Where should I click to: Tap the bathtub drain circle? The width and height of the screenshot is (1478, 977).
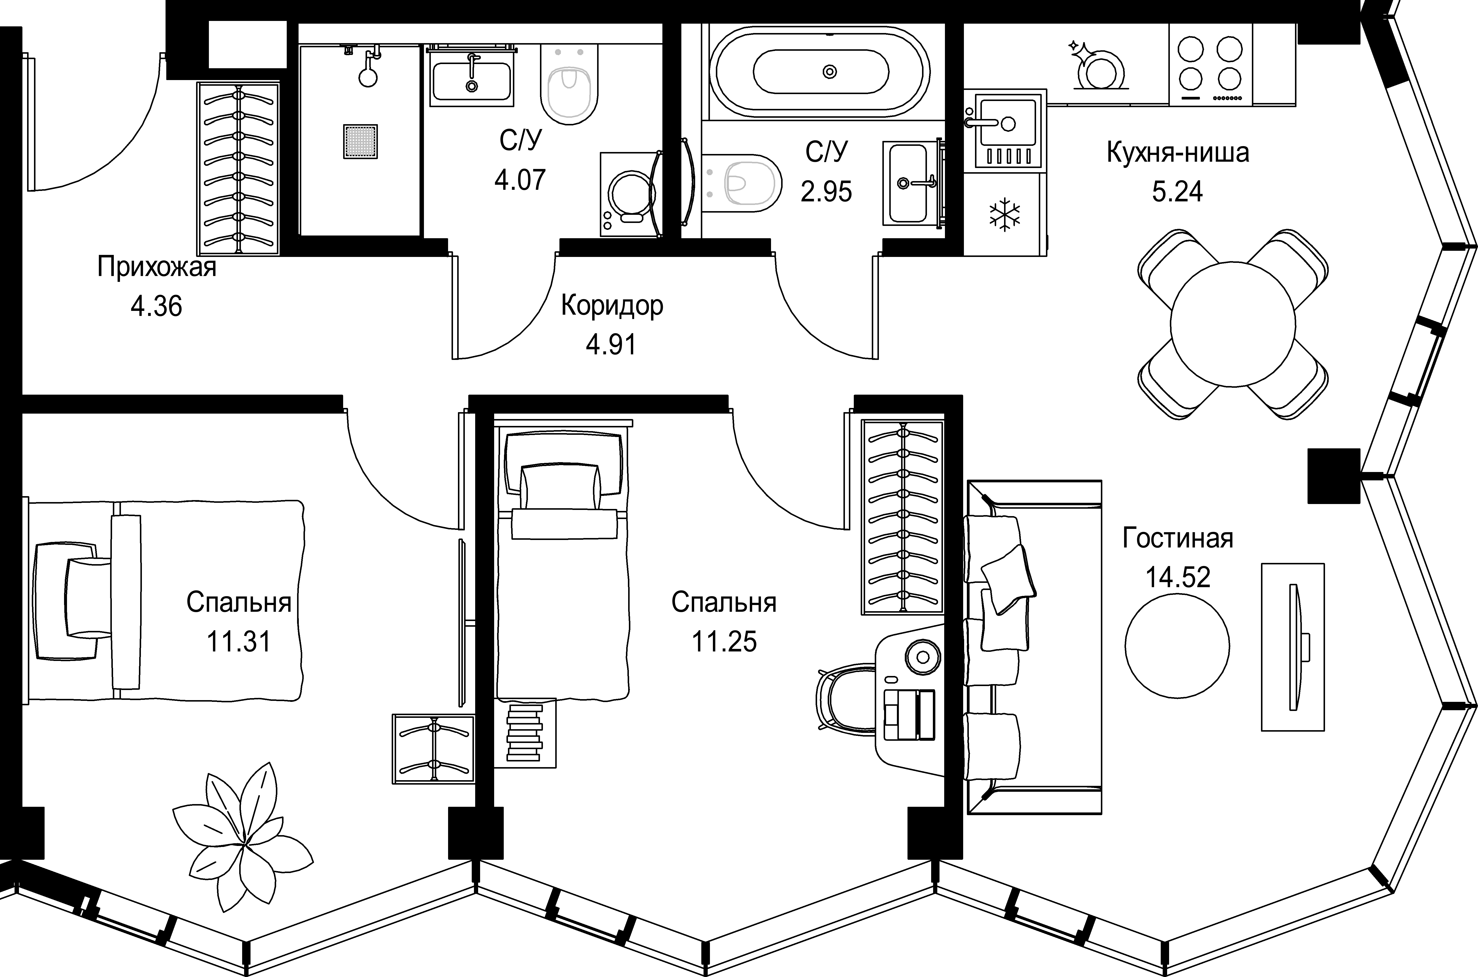pyautogui.click(x=829, y=72)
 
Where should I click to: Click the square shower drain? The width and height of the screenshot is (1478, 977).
pyautogui.click(x=360, y=141)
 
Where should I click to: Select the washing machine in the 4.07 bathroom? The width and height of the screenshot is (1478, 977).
pyautogui.click(x=628, y=194)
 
